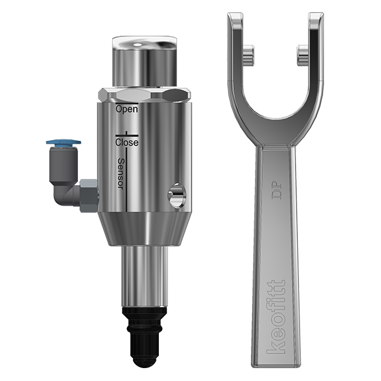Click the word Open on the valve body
(127, 109)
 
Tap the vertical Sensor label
(121, 174)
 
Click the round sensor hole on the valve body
(175, 195)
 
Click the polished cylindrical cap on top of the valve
(144, 62)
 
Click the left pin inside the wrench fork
(249, 55)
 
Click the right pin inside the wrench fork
(302, 55)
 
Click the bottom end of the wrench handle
(276, 363)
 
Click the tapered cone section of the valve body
(144, 229)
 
